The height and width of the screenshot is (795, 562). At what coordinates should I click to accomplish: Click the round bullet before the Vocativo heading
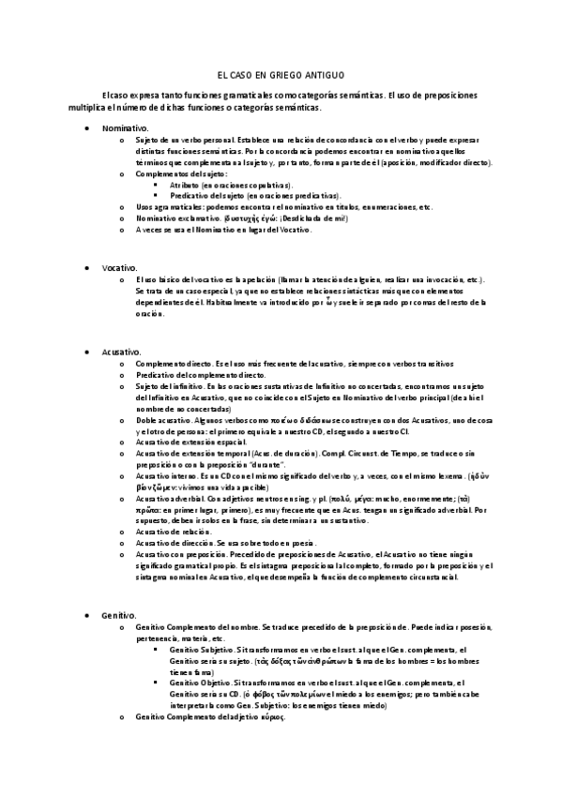click(x=87, y=268)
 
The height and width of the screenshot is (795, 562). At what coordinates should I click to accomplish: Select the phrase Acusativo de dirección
click(x=175, y=544)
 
